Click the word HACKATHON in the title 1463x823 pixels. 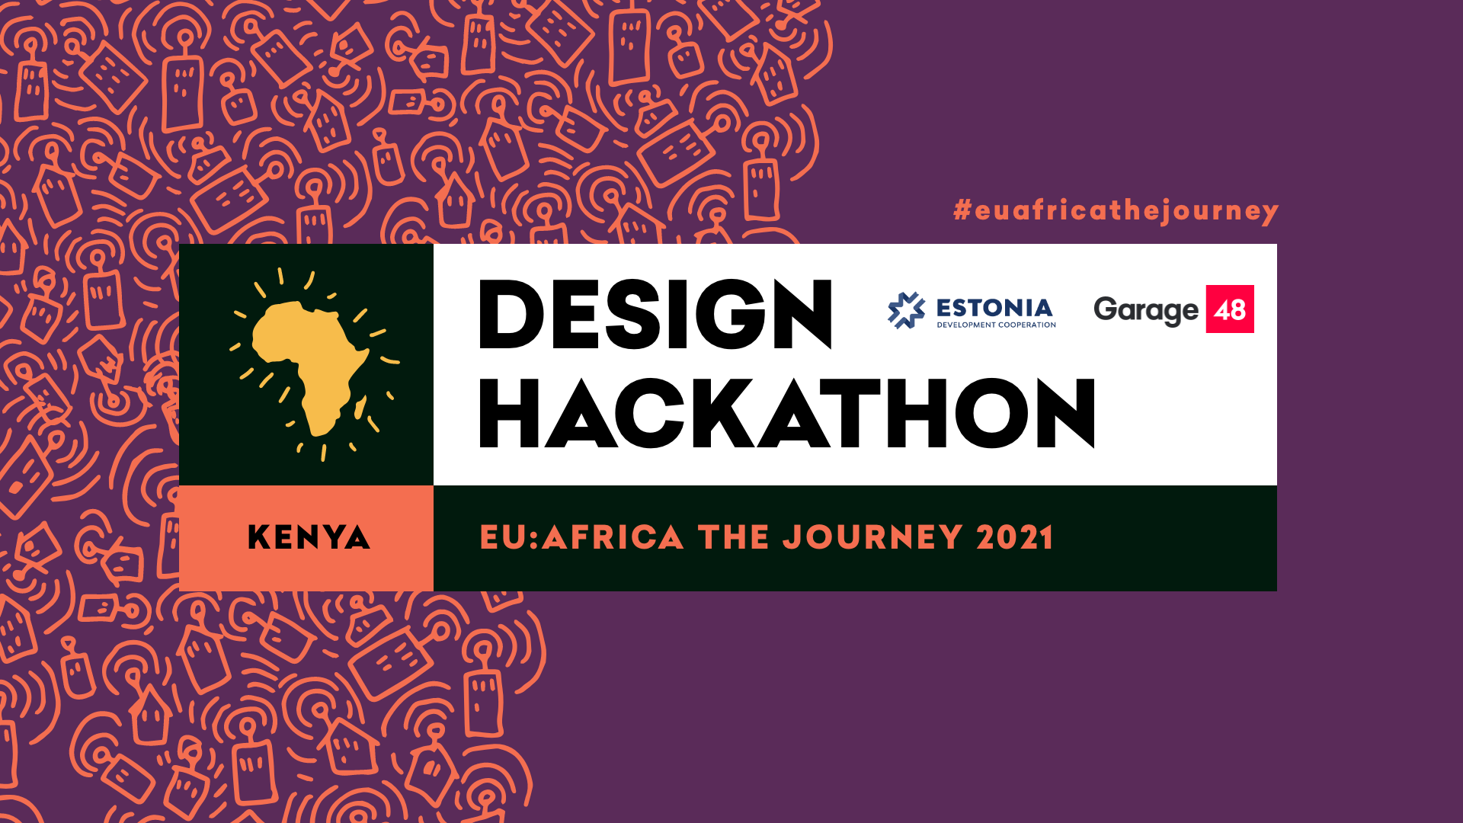786,413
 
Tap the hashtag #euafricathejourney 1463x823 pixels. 1116,210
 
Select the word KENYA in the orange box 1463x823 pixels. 309,538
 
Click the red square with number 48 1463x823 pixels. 1230,309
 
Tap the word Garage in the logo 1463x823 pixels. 1145,310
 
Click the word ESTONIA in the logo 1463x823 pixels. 994,308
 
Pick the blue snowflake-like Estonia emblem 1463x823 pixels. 906,310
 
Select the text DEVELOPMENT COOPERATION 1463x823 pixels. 996,325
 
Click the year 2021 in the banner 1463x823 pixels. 1016,538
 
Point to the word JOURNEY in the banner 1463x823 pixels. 873,538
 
